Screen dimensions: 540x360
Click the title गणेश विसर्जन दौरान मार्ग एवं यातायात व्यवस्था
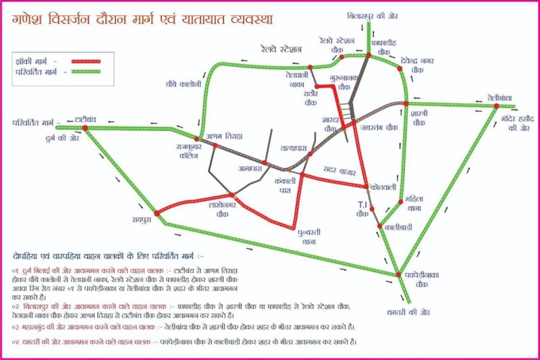click(142, 18)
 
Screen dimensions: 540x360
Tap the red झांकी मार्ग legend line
click(80, 61)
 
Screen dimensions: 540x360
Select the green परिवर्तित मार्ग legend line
click(80, 71)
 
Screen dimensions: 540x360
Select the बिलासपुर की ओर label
click(370, 14)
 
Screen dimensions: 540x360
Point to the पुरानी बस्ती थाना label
click(310, 236)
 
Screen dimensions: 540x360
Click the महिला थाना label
click(414, 203)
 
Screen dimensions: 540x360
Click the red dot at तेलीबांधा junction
click(496, 106)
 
